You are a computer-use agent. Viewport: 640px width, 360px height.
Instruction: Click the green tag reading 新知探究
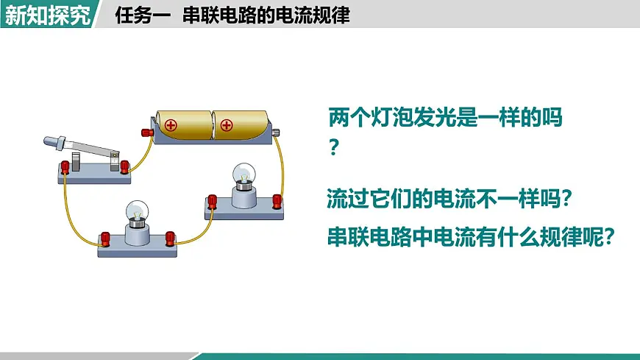click(x=48, y=15)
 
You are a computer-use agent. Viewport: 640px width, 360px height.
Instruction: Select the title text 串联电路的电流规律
click(x=266, y=15)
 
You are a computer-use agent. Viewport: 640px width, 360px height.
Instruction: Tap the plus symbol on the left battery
click(x=171, y=125)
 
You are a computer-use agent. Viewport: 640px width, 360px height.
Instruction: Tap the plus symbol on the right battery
click(x=227, y=125)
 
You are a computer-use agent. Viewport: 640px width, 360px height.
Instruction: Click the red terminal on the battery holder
click(x=147, y=133)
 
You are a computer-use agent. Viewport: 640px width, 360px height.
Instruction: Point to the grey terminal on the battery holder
click(x=276, y=133)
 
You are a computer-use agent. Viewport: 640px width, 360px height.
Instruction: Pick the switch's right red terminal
click(x=124, y=166)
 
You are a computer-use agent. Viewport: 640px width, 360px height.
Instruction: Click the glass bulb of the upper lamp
click(x=244, y=174)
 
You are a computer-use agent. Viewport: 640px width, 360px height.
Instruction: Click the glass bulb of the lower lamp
click(x=137, y=211)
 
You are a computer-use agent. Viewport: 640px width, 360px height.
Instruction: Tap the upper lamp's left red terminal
click(x=213, y=202)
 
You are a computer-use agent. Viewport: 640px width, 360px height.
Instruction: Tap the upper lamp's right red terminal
click(x=277, y=202)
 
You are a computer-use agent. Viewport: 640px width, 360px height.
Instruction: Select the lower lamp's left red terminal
click(x=105, y=239)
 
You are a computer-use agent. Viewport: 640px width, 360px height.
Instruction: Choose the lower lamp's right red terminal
click(x=170, y=239)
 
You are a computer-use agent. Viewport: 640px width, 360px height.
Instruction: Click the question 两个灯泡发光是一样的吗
click(x=445, y=118)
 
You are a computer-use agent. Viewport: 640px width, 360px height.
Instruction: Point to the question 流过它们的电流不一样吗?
click(x=449, y=199)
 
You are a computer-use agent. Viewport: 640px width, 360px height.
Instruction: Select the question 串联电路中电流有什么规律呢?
click(x=471, y=236)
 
